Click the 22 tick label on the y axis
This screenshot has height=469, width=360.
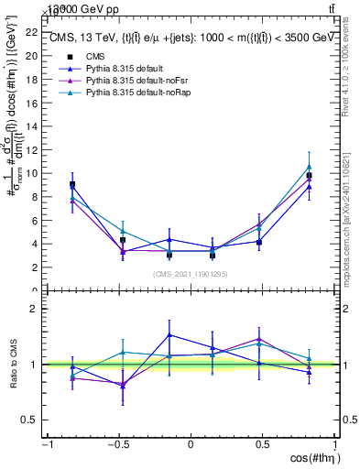[x=31, y=32]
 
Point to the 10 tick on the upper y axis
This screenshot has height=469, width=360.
[x=31, y=173]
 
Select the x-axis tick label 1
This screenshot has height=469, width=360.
[x=334, y=445]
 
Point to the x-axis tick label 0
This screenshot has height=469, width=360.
[x=191, y=445]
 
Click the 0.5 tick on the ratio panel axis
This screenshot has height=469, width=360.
[x=28, y=420]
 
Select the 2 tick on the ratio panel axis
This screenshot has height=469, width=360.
[x=32, y=309]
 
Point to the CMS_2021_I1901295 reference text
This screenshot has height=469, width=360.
[x=191, y=274]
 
